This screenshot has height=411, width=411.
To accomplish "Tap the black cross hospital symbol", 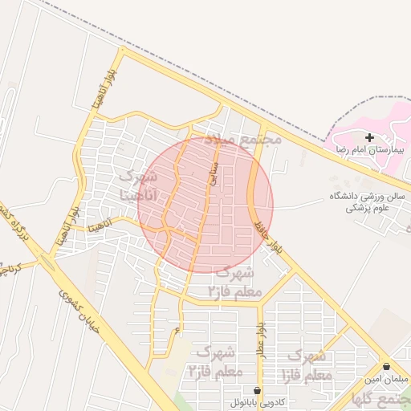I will tap(369, 138).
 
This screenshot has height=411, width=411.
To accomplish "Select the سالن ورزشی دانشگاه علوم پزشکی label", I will tap(368, 201).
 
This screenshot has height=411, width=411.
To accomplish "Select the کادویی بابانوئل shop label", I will tap(256, 401).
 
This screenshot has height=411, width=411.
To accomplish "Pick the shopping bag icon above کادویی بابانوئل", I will tap(256, 389).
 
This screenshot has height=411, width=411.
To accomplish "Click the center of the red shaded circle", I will tap(205, 205).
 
